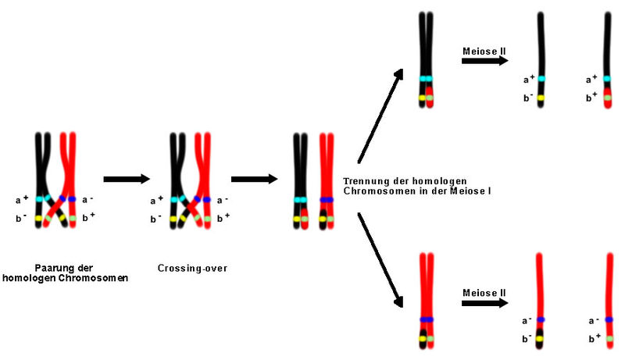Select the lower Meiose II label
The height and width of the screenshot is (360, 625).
[x=484, y=292]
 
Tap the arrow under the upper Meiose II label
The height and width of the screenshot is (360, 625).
[x=484, y=61]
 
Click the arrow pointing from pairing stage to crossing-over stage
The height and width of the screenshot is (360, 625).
[x=126, y=179]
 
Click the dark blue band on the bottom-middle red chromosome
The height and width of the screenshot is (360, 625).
[x=426, y=320]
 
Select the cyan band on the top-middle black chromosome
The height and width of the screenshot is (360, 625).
[x=426, y=79]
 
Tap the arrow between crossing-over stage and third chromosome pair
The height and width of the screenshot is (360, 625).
[x=254, y=179]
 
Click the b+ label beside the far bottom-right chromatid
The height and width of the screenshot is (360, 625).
[x=592, y=337]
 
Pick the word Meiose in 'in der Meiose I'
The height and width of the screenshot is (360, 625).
[x=466, y=191]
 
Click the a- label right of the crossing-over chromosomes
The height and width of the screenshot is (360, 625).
[x=223, y=200]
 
